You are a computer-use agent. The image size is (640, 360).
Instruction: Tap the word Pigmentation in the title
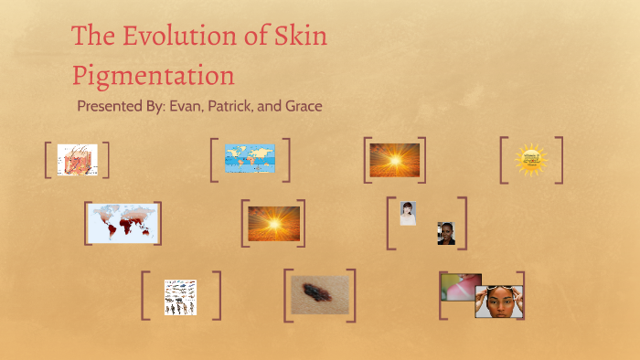(153, 73)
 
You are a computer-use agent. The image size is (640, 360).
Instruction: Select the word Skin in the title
(301, 37)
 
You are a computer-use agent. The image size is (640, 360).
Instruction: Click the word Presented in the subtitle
(111, 106)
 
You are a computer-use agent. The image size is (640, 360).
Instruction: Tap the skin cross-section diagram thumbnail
(77, 160)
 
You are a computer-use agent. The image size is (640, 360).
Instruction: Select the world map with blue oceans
(250, 159)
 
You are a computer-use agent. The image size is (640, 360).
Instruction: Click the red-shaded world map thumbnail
(122, 222)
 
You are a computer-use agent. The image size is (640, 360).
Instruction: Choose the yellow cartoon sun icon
(530, 159)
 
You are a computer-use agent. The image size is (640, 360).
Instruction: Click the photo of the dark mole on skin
(320, 295)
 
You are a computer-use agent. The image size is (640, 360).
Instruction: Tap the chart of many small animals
(180, 297)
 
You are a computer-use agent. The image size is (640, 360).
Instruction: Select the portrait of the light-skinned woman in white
(408, 213)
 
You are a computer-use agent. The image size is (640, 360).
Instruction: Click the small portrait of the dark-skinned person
(445, 233)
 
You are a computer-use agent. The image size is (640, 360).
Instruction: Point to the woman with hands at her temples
(498, 302)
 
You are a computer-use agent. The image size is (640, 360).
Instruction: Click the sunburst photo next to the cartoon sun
(394, 160)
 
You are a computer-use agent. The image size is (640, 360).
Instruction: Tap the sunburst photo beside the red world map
(273, 223)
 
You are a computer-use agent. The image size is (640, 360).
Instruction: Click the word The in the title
(91, 37)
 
